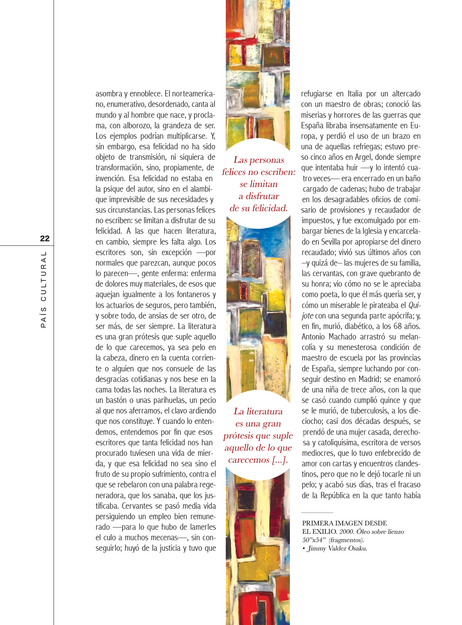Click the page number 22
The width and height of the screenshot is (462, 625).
tap(45, 238)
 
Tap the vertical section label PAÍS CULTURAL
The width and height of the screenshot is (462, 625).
tap(44, 289)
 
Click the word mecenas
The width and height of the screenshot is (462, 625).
tap(163, 538)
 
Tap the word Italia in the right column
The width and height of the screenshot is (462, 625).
tap(355, 94)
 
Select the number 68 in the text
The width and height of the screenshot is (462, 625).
tap(393, 326)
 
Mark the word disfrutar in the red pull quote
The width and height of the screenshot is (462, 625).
tap(262, 196)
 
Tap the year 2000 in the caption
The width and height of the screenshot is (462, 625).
tap(347, 532)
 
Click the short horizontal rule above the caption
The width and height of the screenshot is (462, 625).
tap(317, 513)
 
